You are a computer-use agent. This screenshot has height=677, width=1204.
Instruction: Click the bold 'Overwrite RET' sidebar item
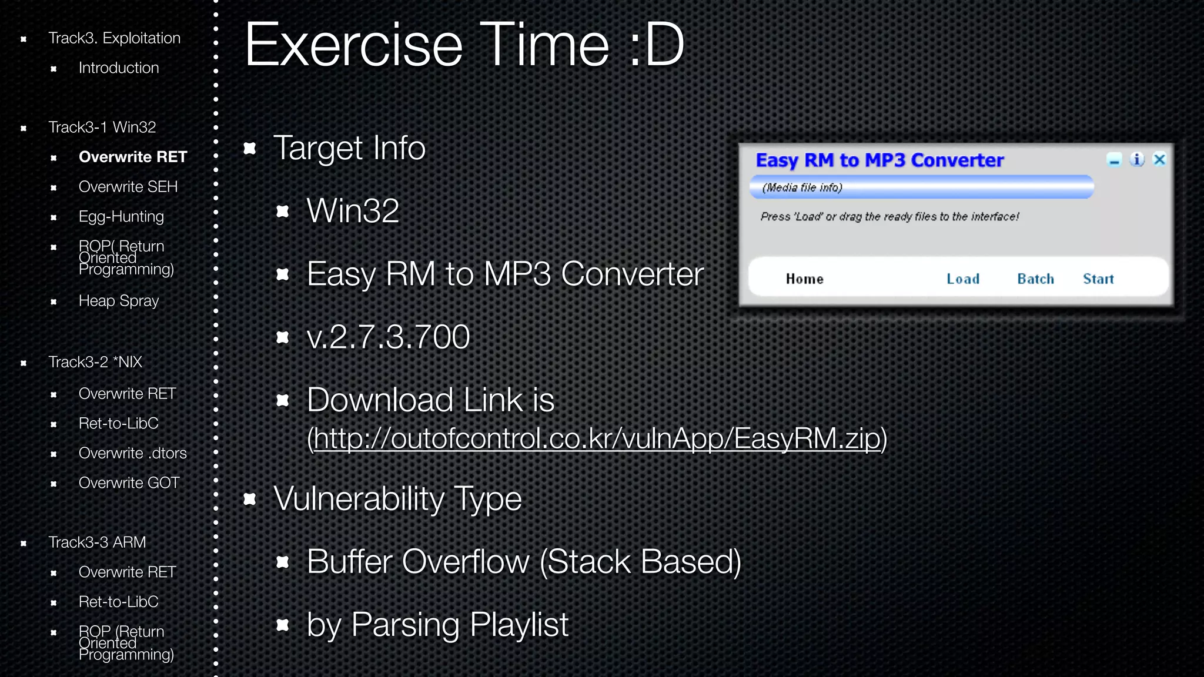132,157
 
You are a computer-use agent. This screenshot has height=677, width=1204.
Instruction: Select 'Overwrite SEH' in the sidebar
128,187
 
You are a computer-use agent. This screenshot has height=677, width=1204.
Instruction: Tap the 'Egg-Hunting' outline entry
121,217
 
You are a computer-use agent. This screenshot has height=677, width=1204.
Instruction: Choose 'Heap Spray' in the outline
119,301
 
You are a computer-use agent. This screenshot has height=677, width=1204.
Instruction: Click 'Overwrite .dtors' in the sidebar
132,453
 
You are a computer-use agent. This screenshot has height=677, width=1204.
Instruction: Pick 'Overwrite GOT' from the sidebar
129,483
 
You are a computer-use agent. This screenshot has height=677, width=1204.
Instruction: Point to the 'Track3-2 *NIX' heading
95,362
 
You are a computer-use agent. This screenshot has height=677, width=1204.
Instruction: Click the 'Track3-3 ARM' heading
97,542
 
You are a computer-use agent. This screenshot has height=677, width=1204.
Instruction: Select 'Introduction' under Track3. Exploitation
119,68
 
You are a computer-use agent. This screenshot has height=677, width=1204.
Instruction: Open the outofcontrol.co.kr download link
597,438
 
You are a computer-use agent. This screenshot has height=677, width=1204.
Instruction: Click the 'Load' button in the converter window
962,279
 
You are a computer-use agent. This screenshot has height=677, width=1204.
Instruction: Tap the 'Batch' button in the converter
1035,279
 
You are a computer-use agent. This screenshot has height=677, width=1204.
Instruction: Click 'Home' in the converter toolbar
804,279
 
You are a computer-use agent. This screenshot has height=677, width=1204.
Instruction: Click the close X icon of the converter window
1159,159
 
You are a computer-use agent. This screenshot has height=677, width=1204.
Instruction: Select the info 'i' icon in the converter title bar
1137,159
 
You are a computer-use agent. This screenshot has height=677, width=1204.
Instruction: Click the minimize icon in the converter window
1114,160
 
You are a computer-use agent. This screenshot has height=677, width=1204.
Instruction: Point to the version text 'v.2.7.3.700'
388,337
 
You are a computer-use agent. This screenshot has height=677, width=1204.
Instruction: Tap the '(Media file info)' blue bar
921,187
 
